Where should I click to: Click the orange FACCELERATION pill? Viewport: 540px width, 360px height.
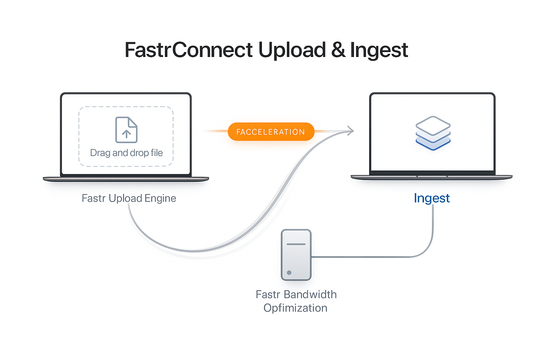pyautogui.click(x=271, y=132)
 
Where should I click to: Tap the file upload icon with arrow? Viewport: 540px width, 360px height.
pyautogui.click(x=127, y=130)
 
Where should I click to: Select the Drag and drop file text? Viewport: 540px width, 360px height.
pyautogui.click(x=127, y=153)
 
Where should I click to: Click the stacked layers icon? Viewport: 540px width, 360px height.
pyautogui.click(x=433, y=133)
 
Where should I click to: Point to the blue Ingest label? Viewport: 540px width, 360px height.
pyautogui.click(x=432, y=198)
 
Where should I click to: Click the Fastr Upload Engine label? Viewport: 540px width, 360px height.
pyautogui.click(x=129, y=198)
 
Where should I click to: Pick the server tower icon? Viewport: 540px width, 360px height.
pyautogui.click(x=296, y=255)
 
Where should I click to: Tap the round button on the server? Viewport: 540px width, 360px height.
pyautogui.click(x=289, y=272)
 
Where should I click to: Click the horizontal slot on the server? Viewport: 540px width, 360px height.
pyautogui.click(x=296, y=244)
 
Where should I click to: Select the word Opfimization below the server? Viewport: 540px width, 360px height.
pyautogui.click(x=295, y=308)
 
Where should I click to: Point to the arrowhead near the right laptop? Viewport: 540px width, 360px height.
pyautogui.click(x=351, y=131)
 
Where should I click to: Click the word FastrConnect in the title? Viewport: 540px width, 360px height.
pyautogui.click(x=189, y=50)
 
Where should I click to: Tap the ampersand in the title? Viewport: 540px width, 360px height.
pyautogui.click(x=338, y=50)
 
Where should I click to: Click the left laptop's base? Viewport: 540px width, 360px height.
pyautogui.click(x=126, y=179)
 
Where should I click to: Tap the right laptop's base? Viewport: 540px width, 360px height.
pyautogui.click(x=432, y=177)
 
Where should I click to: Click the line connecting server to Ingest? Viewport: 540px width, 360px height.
pyautogui.click(x=369, y=257)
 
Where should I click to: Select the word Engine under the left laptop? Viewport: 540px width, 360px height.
pyautogui.click(x=160, y=199)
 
